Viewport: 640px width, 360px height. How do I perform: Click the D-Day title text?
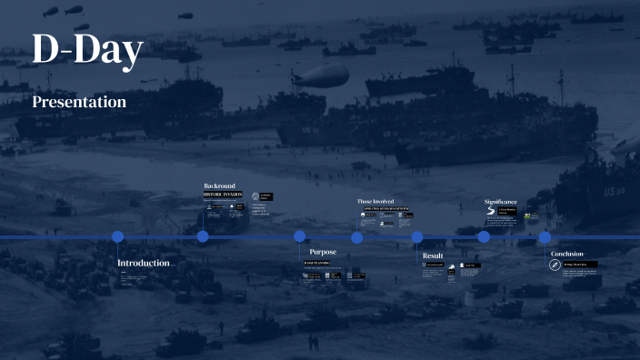pyautogui.click(x=87, y=50)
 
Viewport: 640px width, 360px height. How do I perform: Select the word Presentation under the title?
pyautogui.click(x=79, y=103)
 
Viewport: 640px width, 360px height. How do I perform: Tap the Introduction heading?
pyautogui.click(x=143, y=264)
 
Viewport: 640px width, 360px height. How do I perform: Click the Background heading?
pyautogui.click(x=219, y=185)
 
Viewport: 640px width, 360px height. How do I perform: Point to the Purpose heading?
pyautogui.click(x=323, y=252)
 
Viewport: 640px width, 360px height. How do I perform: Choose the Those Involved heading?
pyautogui.click(x=375, y=201)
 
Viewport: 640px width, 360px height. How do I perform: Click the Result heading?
pyautogui.click(x=433, y=256)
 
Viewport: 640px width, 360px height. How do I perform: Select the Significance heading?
pyautogui.click(x=500, y=202)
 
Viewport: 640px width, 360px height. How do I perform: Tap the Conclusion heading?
pyautogui.click(x=566, y=254)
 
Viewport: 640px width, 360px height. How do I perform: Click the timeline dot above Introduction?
pyautogui.click(x=117, y=236)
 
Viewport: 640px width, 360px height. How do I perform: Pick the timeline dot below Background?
pyautogui.click(x=203, y=236)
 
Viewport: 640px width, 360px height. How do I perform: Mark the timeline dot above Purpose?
pyautogui.click(x=299, y=236)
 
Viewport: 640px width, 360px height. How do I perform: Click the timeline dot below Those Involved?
pyautogui.click(x=357, y=237)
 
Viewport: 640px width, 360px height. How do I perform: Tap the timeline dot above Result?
pyautogui.click(x=417, y=237)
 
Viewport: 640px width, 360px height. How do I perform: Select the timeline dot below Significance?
pyautogui.click(x=484, y=236)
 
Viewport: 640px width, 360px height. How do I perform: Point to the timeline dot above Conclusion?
pyautogui.click(x=545, y=237)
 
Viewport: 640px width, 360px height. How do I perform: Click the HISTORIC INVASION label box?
pyautogui.click(x=222, y=195)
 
